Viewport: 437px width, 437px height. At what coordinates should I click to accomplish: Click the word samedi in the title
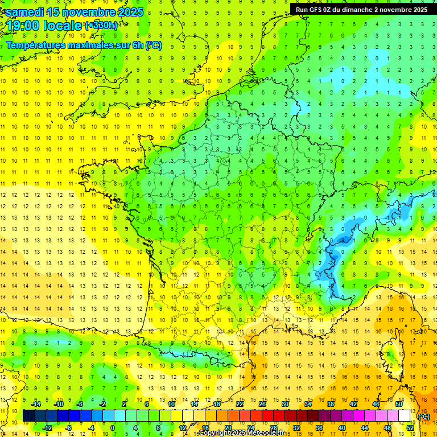[27, 12]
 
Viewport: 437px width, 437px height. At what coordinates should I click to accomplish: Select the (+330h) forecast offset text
[101, 25]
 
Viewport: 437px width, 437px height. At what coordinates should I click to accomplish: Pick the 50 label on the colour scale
[399, 404]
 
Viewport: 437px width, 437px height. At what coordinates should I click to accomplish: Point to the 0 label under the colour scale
[113, 428]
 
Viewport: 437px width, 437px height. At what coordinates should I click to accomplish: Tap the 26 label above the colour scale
[262, 404]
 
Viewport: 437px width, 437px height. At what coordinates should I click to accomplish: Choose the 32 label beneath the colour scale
[296, 428]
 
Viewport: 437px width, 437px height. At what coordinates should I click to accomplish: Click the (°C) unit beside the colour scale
[424, 416]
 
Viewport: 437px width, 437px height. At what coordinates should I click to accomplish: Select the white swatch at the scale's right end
[405, 416]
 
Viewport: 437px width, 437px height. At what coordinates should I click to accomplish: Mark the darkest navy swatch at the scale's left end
[29, 416]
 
